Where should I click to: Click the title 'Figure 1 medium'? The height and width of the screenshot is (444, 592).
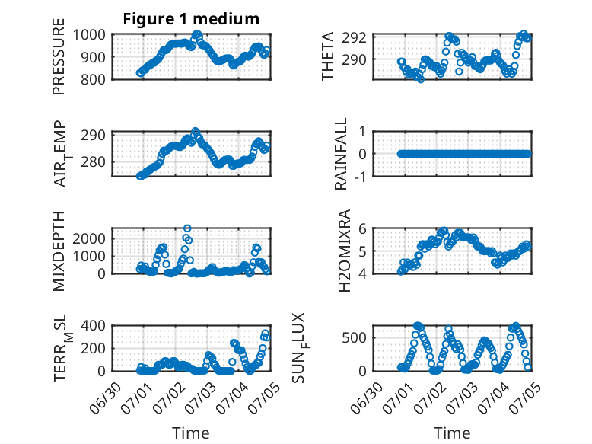pyautogui.click(x=191, y=19)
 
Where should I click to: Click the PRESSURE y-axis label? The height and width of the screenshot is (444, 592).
pyautogui.click(x=59, y=56)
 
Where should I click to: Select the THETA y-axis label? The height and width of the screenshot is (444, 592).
pyautogui.click(x=328, y=56)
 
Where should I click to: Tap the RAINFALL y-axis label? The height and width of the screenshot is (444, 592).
pyautogui.click(x=341, y=153)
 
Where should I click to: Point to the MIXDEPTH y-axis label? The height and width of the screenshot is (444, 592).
pyautogui.click(x=59, y=251)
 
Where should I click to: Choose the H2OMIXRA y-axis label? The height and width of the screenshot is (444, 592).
pyautogui.click(x=345, y=251)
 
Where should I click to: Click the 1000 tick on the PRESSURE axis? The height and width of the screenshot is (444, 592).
pyautogui.click(x=89, y=35)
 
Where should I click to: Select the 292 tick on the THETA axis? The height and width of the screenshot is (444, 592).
pyautogui.click(x=354, y=38)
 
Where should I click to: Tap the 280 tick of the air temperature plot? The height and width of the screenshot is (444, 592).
pyautogui.click(x=93, y=161)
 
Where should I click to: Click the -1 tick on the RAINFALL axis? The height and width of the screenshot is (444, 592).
pyautogui.click(x=361, y=176)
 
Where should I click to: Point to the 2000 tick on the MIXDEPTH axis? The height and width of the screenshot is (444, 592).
pyautogui.click(x=89, y=238)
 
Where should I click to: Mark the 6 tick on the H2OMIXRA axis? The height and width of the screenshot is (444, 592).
pyautogui.click(x=362, y=228)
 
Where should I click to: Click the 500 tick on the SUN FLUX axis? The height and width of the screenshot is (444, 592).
pyautogui.click(x=354, y=338)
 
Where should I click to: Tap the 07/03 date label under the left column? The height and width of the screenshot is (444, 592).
pyautogui.click(x=199, y=397)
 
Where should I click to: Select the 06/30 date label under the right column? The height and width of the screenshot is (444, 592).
pyautogui.click(x=365, y=397)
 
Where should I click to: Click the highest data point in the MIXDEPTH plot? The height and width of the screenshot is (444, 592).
pyautogui.click(x=187, y=228)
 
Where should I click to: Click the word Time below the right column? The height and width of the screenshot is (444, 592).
pyautogui.click(x=452, y=433)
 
